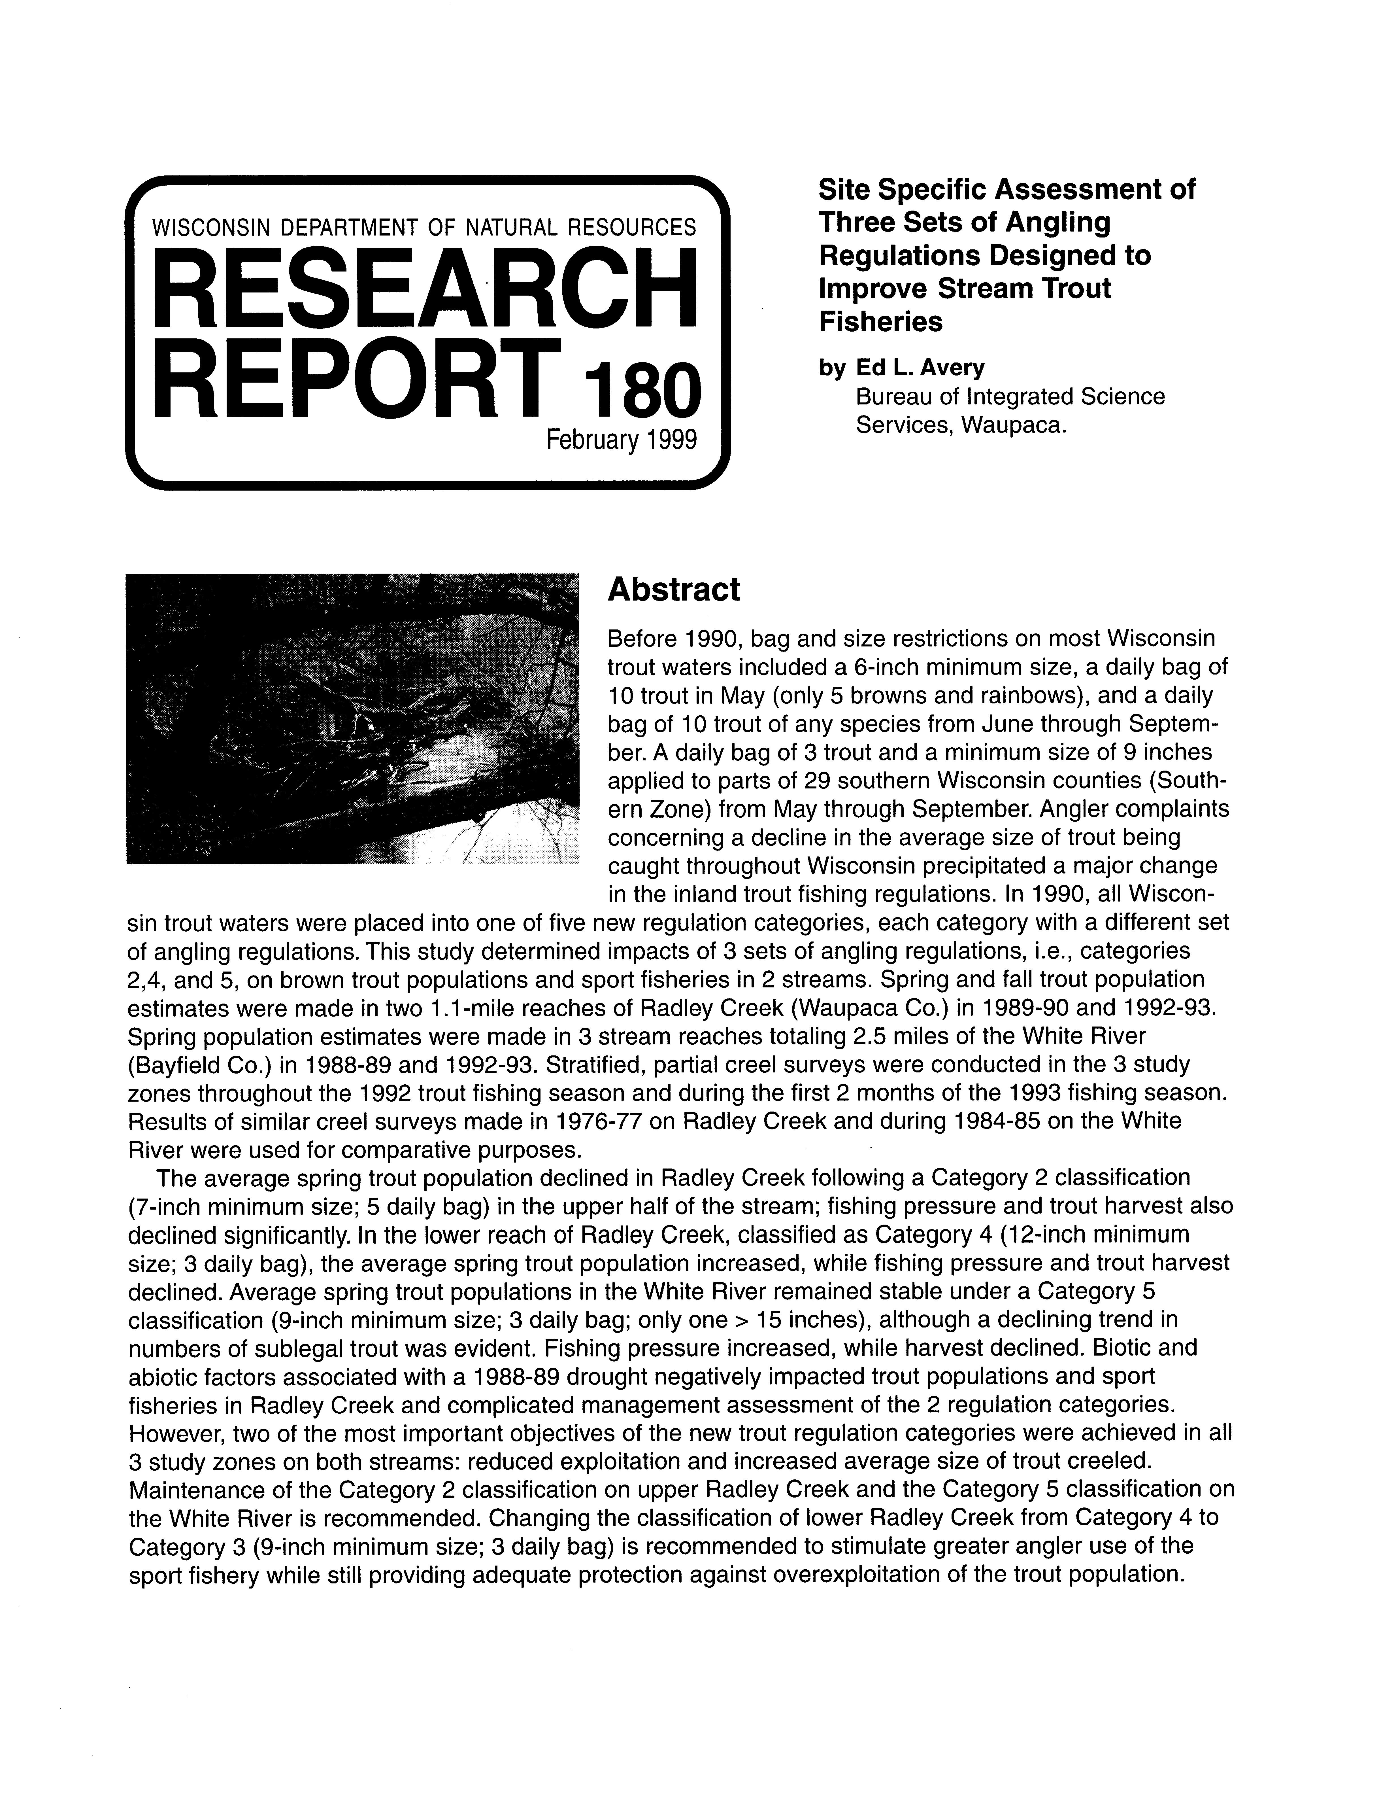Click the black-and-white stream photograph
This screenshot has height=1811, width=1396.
(352, 718)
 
